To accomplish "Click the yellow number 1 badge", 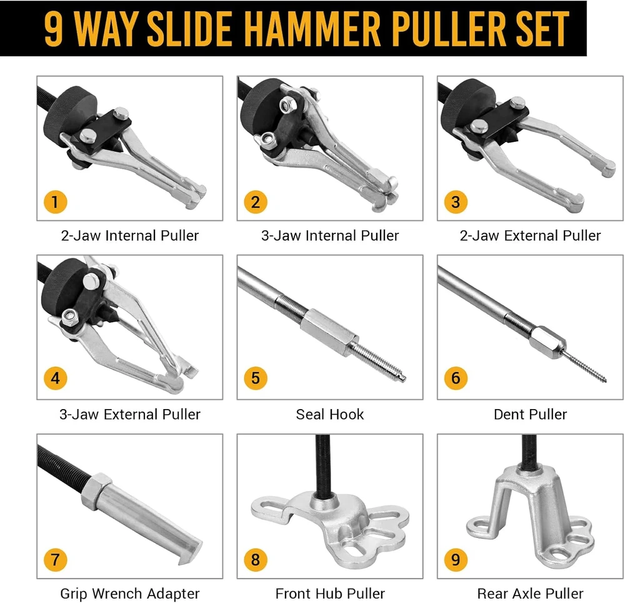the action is [x=55, y=202].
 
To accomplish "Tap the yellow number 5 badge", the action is [x=256, y=378].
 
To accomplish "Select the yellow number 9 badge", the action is [x=456, y=560].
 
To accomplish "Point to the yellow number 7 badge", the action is [x=55, y=560].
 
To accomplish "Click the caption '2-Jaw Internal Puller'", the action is [x=130, y=236].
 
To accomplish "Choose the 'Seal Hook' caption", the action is [x=330, y=414].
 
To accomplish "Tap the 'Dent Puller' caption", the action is [x=530, y=414].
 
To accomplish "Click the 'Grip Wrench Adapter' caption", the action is [x=130, y=594].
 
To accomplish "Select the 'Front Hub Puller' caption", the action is [x=330, y=594].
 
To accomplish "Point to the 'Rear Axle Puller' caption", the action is [x=530, y=594].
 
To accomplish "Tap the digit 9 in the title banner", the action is [x=53, y=29].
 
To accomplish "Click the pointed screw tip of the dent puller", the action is [x=605, y=381].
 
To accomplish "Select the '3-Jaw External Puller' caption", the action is [x=130, y=414].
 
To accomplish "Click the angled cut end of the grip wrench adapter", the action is [x=190, y=552].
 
